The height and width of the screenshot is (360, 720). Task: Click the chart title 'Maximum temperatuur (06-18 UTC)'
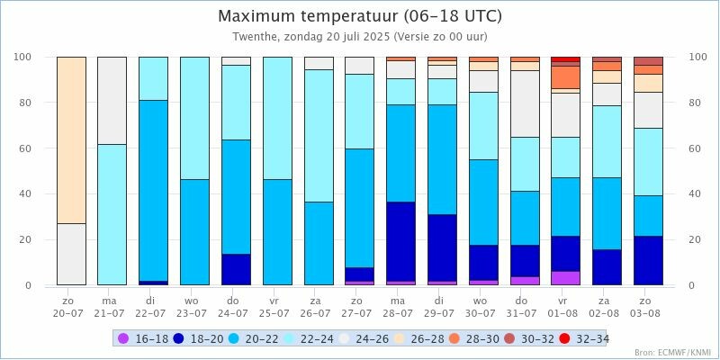360,16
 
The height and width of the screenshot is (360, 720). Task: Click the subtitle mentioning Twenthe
360,38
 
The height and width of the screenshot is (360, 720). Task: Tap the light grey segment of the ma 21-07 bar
112,100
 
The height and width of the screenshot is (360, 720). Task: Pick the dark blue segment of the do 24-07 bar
236,269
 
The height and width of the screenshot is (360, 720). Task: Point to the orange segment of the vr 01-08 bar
565,76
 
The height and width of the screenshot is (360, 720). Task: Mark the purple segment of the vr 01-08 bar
565,278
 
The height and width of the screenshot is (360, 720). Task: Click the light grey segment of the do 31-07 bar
524,103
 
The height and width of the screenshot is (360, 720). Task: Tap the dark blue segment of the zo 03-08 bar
648,260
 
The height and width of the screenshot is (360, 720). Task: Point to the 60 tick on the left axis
24,148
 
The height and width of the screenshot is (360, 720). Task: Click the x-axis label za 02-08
607,306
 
